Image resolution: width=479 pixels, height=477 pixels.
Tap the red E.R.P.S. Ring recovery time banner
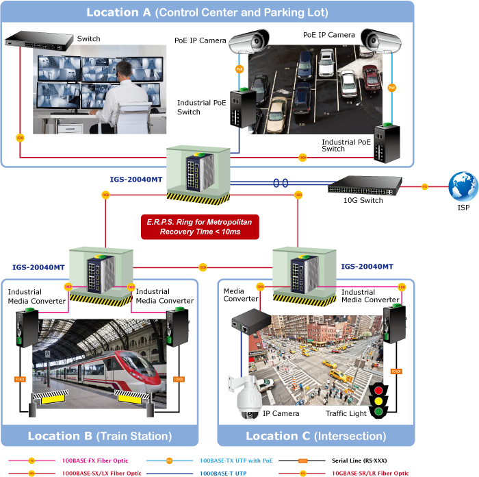point(200,227)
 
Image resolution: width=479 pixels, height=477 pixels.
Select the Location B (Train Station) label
point(99,436)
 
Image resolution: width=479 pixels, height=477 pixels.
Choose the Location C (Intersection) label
point(315,436)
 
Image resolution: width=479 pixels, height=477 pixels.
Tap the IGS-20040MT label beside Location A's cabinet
point(135,180)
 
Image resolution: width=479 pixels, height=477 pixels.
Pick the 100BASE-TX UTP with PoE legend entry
point(236,461)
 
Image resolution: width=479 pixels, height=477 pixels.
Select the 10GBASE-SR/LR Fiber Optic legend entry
point(370,473)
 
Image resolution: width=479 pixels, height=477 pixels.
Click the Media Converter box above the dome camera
point(244,323)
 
